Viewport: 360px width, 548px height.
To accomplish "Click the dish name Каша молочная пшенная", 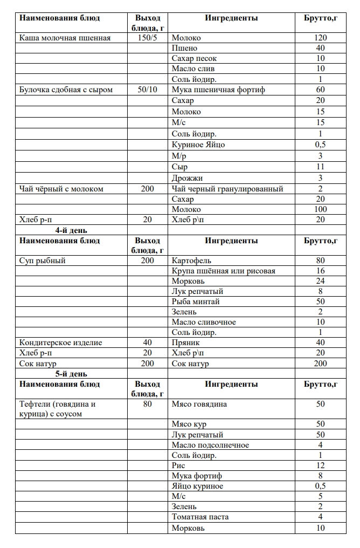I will pyautogui.click(x=65, y=38).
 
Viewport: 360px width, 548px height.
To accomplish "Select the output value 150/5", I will pyautogui.click(x=147, y=38).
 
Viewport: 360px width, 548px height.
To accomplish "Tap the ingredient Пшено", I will pyautogui.click(x=184, y=48).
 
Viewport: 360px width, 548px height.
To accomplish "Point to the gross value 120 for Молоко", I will pyautogui.click(x=321, y=38).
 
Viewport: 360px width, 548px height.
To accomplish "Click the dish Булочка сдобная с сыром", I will pyautogui.click(x=66, y=90).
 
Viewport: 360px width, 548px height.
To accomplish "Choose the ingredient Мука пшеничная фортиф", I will pyautogui.click(x=218, y=90).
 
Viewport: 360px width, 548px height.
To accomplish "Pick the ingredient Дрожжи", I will pyautogui.click(x=188, y=178).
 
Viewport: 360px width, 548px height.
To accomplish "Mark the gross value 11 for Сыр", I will pyautogui.click(x=321, y=167).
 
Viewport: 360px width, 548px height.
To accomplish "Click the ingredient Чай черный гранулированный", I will pyautogui.click(x=227, y=189).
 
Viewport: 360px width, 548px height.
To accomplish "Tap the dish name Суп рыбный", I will pyautogui.click(x=43, y=261).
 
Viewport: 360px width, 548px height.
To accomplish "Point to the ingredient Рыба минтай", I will pyautogui.click(x=196, y=302).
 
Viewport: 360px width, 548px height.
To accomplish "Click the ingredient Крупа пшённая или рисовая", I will pyautogui.click(x=223, y=271).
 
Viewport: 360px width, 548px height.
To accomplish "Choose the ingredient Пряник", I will pyautogui.click(x=186, y=342).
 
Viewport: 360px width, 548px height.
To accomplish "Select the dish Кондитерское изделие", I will pyautogui.click(x=60, y=342).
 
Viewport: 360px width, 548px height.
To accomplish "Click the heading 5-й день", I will pyautogui.click(x=71, y=374).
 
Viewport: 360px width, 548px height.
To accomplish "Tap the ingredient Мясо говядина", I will pyautogui.click(x=199, y=404).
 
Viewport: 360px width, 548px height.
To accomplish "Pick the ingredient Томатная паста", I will pyautogui.click(x=200, y=517).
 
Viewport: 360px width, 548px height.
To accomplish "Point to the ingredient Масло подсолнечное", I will pyautogui.click(x=210, y=445).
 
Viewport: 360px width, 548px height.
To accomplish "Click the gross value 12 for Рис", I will pyautogui.click(x=321, y=465).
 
